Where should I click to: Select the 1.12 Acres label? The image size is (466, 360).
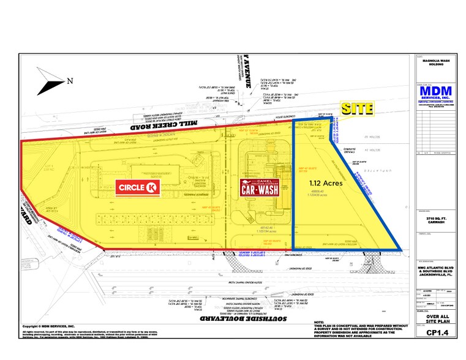326,182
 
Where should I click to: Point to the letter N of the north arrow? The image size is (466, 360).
70,80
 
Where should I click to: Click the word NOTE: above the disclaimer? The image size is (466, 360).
319,322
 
